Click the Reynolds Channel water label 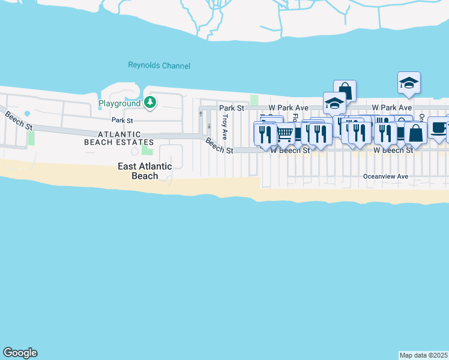coord(159,65)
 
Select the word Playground coord(119,104)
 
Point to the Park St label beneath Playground coord(121,121)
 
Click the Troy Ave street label coord(225,125)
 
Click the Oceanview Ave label coord(385,176)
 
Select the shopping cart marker coord(285,133)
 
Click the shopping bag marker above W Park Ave coord(345,91)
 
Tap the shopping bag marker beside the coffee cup coord(415,133)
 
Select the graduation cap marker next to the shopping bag coord(334,103)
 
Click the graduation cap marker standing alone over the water coord(409,82)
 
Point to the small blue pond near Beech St coord(27,113)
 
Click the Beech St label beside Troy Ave coord(219,146)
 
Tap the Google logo coord(20,353)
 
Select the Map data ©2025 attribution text coord(424,355)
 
